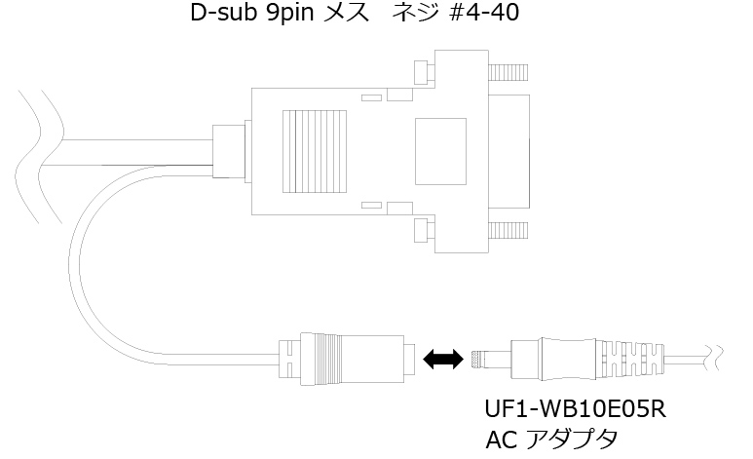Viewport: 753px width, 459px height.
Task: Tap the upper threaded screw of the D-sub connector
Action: click(x=508, y=73)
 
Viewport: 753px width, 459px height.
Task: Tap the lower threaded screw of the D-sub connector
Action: click(x=508, y=231)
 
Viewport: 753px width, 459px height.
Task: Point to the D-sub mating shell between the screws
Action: click(x=510, y=151)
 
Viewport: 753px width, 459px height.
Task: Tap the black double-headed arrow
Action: click(x=442, y=361)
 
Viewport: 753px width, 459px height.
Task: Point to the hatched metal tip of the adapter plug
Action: click(x=477, y=359)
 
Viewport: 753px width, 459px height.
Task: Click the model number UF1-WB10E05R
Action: click(x=574, y=407)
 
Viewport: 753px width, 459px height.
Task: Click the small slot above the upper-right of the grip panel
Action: click(x=370, y=97)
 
